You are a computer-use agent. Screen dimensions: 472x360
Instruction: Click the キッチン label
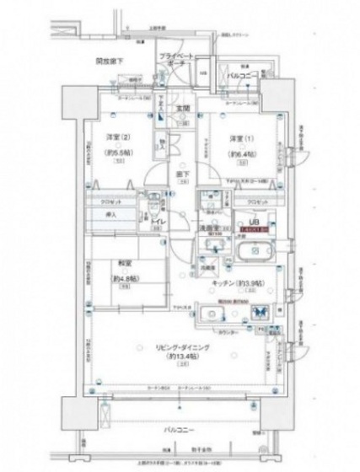click(x=237, y=285)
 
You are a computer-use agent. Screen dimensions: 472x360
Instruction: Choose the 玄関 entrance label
click(x=180, y=108)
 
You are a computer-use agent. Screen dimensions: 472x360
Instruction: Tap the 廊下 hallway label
click(x=181, y=175)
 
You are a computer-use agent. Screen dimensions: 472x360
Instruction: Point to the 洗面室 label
click(x=209, y=228)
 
